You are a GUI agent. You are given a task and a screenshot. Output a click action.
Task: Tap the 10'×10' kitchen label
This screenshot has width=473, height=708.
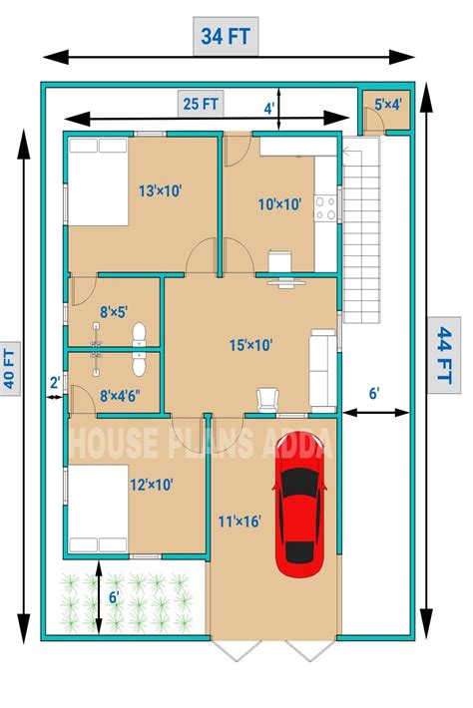point(279,204)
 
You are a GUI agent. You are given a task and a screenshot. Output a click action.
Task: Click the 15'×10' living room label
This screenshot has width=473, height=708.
point(251,345)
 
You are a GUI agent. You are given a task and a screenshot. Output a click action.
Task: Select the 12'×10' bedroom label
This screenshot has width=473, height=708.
point(152,485)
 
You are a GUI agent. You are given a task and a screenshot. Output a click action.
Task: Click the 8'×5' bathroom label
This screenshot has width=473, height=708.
point(114,311)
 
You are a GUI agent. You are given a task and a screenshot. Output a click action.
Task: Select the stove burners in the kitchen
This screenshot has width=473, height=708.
point(325,207)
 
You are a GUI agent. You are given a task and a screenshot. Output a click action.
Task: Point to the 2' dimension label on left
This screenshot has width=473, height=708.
point(55,381)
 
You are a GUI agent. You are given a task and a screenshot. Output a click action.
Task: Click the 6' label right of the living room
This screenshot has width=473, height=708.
point(374,394)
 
